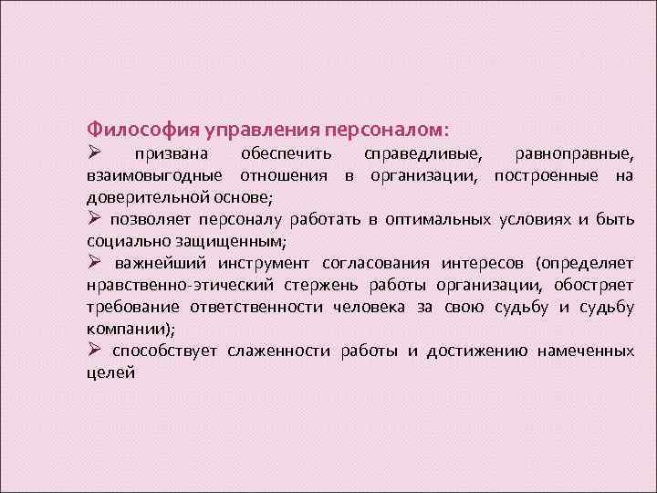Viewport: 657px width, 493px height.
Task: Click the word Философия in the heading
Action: (130, 129)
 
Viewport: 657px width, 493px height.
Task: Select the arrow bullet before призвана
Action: (94, 152)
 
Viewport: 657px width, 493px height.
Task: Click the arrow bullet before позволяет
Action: (94, 218)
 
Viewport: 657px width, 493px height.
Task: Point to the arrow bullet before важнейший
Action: (94, 262)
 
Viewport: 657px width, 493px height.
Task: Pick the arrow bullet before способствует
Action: (94, 350)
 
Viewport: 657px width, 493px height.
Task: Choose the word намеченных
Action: (585, 351)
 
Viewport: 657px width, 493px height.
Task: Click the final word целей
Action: (110, 372)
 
